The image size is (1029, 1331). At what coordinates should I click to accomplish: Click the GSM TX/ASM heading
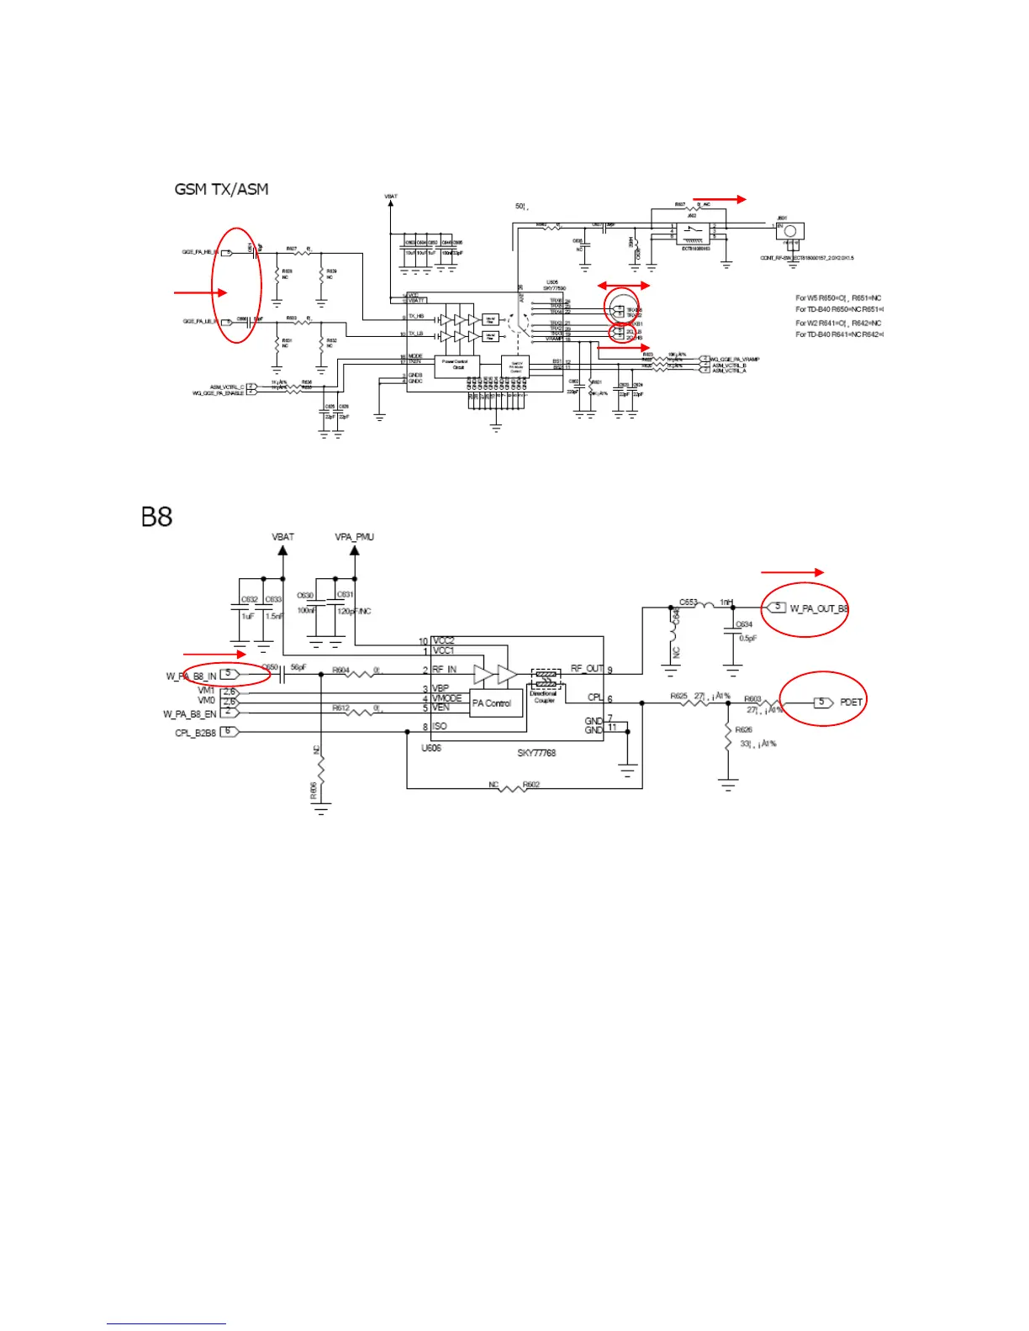pyautogui.click(x=221, y=189)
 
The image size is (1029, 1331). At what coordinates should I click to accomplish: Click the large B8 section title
pyautogui.click(x=156, y=516)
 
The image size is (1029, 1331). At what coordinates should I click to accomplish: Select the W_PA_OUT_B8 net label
pyautogui.click(x=819, y=608)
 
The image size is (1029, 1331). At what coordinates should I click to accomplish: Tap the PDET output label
pyautogui.click(x=851, y=702)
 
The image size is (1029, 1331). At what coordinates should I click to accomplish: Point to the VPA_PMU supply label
pyautogui.click(x=354, y=537)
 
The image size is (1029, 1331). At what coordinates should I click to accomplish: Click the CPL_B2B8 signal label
pyautogui.click(x=195, y=733)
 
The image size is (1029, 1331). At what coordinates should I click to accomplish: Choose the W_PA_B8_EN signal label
pyautogui.click(x=189, y=714)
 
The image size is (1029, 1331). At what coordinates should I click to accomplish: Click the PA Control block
pyautogui.click(x=492, y=703)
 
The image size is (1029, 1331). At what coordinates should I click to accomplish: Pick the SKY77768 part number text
pyautogui.click(x=536, y=753)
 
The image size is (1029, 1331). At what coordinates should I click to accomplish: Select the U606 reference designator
pyautogui.click(x=431, y=748)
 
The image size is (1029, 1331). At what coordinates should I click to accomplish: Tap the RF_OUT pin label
pyautogui.click(x=587, y=669)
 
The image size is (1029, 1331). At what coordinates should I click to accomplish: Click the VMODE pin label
pyautogui.click(x=447, y=698)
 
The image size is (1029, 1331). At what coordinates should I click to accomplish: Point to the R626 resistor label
pyautogui.click(x=743, y=730)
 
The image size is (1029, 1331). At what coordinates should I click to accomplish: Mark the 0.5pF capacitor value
pyautogui.click(x=747, y=639)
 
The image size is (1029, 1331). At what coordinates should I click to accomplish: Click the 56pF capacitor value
pyautogui.click(x=298, y=668)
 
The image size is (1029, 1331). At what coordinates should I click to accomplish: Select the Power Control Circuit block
pyautogui.click(x=458, y=365)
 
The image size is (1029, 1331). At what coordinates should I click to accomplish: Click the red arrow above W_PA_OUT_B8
pyautogui.click(x=792, y=572)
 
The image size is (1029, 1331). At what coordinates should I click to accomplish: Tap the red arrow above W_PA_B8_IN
pyautogui.click(x=214, y=654)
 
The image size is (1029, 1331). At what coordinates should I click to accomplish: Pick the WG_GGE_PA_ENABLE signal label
pyautogui.click(x=218, y=393)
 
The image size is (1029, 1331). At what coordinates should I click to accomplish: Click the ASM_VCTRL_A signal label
pyautogui.click(x=729, y=371)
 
